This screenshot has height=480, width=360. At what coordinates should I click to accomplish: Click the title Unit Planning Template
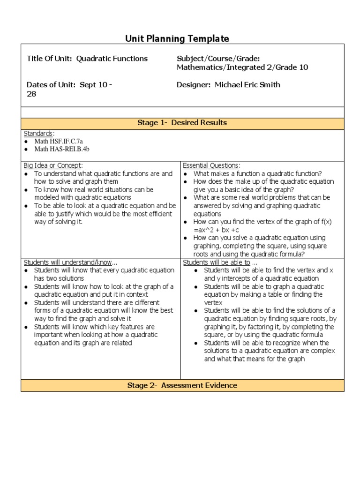tap(177, 38)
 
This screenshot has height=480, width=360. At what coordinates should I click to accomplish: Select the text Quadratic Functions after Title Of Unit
tap(112, 59)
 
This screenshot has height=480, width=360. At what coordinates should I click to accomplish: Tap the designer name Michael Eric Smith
tap(247, 85)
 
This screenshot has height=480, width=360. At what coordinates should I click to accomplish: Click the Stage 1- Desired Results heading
tap(182, 123)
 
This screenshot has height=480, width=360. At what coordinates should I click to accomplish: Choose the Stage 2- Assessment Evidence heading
tap(182, 385)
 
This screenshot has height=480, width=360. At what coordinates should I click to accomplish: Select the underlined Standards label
tap(38, 134)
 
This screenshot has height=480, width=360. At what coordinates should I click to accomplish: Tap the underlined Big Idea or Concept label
tap(53, 165)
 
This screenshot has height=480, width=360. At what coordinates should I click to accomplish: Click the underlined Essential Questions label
tap(211, 165)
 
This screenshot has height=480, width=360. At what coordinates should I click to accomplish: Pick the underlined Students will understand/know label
tap(68, 262)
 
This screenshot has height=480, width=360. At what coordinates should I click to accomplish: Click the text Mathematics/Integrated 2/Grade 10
tap(242, 67)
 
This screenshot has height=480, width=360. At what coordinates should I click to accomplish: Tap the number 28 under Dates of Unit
tap(31, 94)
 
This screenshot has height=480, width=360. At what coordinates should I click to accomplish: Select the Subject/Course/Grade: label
tap(218, 59)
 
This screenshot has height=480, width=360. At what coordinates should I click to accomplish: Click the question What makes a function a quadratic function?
tap(257, 173)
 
